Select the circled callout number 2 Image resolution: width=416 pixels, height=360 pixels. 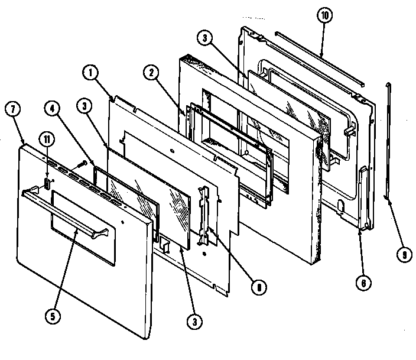[152, 73]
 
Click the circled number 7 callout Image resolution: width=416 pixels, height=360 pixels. [12, 109]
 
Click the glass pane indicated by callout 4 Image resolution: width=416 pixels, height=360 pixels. [127, 195]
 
